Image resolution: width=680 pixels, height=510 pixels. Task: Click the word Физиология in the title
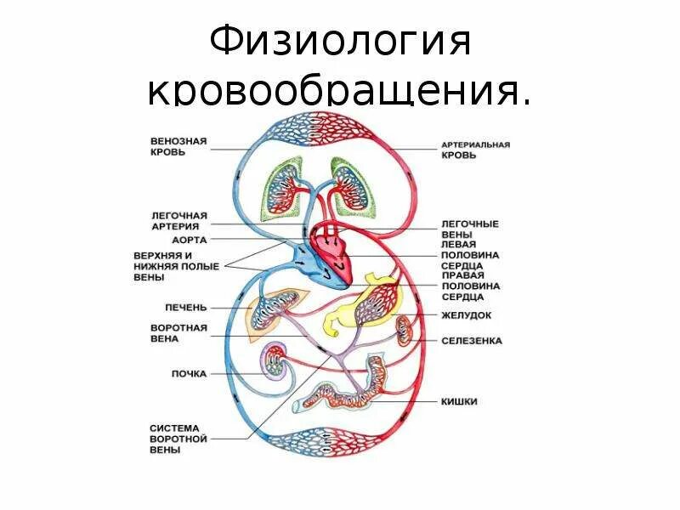click(339, 42)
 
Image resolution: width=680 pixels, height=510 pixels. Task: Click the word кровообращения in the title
click(339, 92)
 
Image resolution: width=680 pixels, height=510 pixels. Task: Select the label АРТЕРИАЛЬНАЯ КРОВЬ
click(475, 150)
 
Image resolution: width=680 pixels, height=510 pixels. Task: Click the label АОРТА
click(190, 240)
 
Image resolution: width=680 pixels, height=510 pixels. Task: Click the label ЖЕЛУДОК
click(467, 314)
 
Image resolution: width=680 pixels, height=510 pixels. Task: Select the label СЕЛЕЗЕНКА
click(472, 341)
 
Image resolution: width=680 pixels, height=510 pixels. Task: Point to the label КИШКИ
click(458, 400)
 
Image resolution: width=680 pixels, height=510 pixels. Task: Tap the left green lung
click(281, 190)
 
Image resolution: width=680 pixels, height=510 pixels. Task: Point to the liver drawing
click(272, 312)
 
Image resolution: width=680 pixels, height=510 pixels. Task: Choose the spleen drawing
click(405, 331)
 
